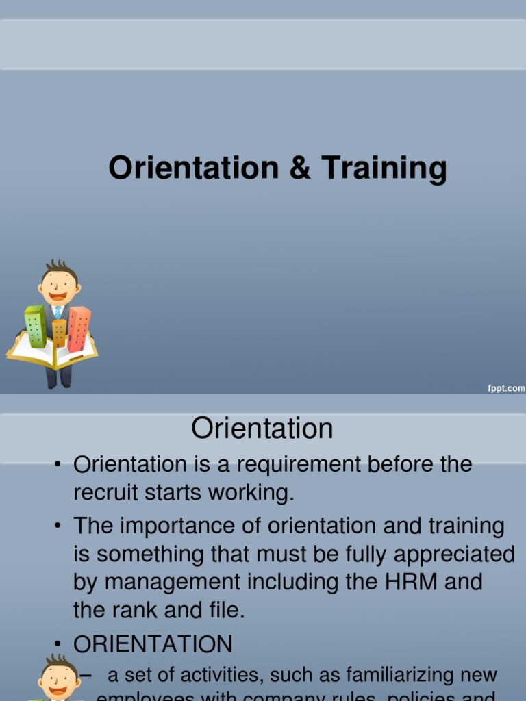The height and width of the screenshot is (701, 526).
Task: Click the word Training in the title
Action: click(384, 168)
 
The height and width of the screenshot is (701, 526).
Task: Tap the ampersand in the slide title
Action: click(300, 168)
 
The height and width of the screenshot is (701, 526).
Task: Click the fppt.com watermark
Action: click(506, 388)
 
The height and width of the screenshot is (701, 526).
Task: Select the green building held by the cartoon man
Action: click(35, 326)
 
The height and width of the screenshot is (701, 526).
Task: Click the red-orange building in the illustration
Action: click(79, 328)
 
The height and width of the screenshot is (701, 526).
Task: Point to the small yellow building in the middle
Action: click(60, 333)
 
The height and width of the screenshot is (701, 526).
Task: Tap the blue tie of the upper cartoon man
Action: click(58, 312)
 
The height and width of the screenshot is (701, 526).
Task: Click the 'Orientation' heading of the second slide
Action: click(262, 429)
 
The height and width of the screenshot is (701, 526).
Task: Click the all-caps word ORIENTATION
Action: click(153, 644)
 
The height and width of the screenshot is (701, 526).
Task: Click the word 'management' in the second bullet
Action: click(174, 583)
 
